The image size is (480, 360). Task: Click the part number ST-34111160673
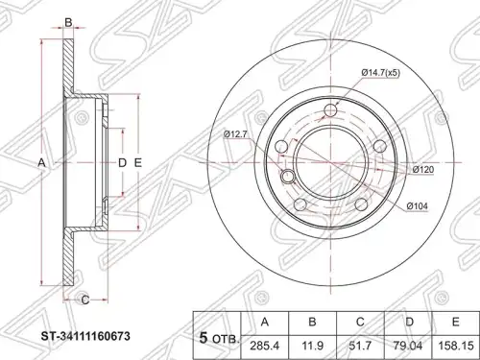click(x=85, y=336)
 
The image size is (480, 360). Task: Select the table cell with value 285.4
click(x=265, y=346)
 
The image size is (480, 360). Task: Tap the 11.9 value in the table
click(x=313, y=346)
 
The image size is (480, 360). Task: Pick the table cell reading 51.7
click(x=360, y=346)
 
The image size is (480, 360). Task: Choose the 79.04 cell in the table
click(x=408, y=346)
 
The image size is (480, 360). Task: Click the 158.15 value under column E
click(x=456, y=346)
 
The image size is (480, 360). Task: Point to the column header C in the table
click(x=360, y=322)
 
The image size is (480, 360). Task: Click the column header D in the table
click(x=408, y=322)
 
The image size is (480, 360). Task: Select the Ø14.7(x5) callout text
click(x=381, y=73)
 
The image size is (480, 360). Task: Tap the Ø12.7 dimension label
click(x=235, y=134)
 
